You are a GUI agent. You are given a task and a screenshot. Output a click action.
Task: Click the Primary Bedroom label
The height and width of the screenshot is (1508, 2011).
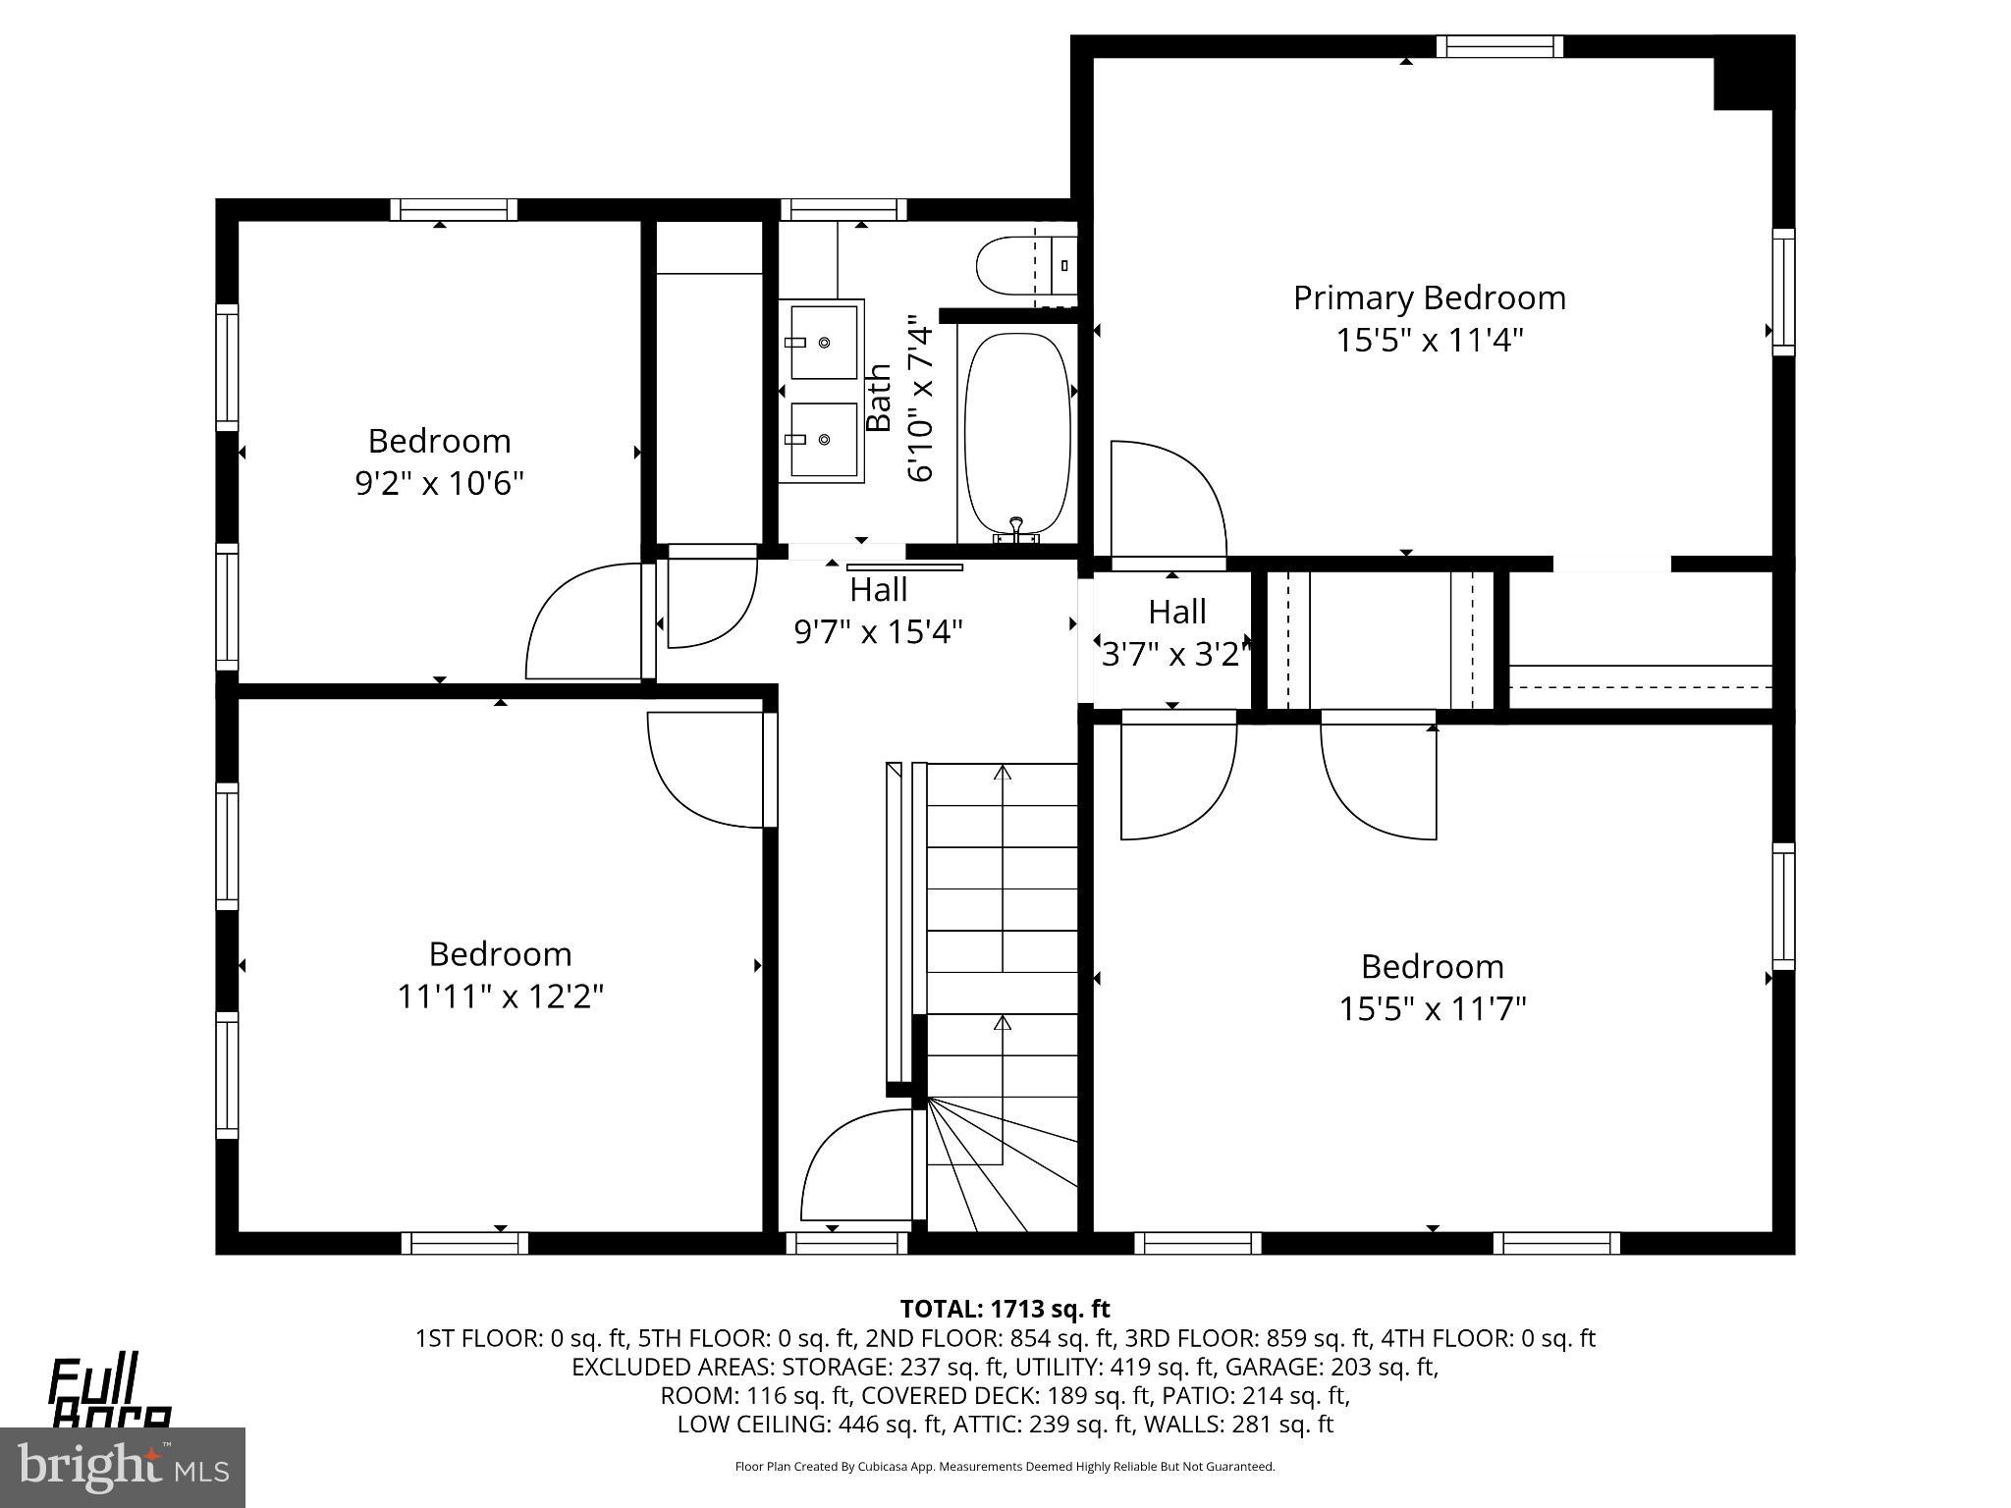point(1429,297)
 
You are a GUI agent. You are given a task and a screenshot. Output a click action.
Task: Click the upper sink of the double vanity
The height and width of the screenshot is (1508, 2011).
point(823,341)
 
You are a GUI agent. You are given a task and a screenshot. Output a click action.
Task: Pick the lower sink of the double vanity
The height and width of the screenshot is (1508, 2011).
point(823,440)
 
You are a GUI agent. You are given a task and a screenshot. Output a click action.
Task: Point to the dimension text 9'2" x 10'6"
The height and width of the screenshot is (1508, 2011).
point(439,483)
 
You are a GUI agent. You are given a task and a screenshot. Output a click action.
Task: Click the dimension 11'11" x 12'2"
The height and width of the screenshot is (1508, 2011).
point(500,996)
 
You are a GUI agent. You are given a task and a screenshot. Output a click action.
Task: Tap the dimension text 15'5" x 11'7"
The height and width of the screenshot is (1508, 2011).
point(1432,1009)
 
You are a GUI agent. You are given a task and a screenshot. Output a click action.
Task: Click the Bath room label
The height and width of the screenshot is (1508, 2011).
point(879,398)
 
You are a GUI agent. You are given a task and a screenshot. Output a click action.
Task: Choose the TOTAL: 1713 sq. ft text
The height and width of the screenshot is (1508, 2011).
point(1005,1309)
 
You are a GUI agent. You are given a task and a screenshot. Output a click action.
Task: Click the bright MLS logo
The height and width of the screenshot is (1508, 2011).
point(122,1467)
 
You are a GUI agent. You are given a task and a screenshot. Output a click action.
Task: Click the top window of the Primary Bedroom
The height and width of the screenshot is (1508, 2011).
point(1498,46)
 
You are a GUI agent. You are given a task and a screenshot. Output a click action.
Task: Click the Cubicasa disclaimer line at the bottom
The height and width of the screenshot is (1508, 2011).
point(1005,1467)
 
